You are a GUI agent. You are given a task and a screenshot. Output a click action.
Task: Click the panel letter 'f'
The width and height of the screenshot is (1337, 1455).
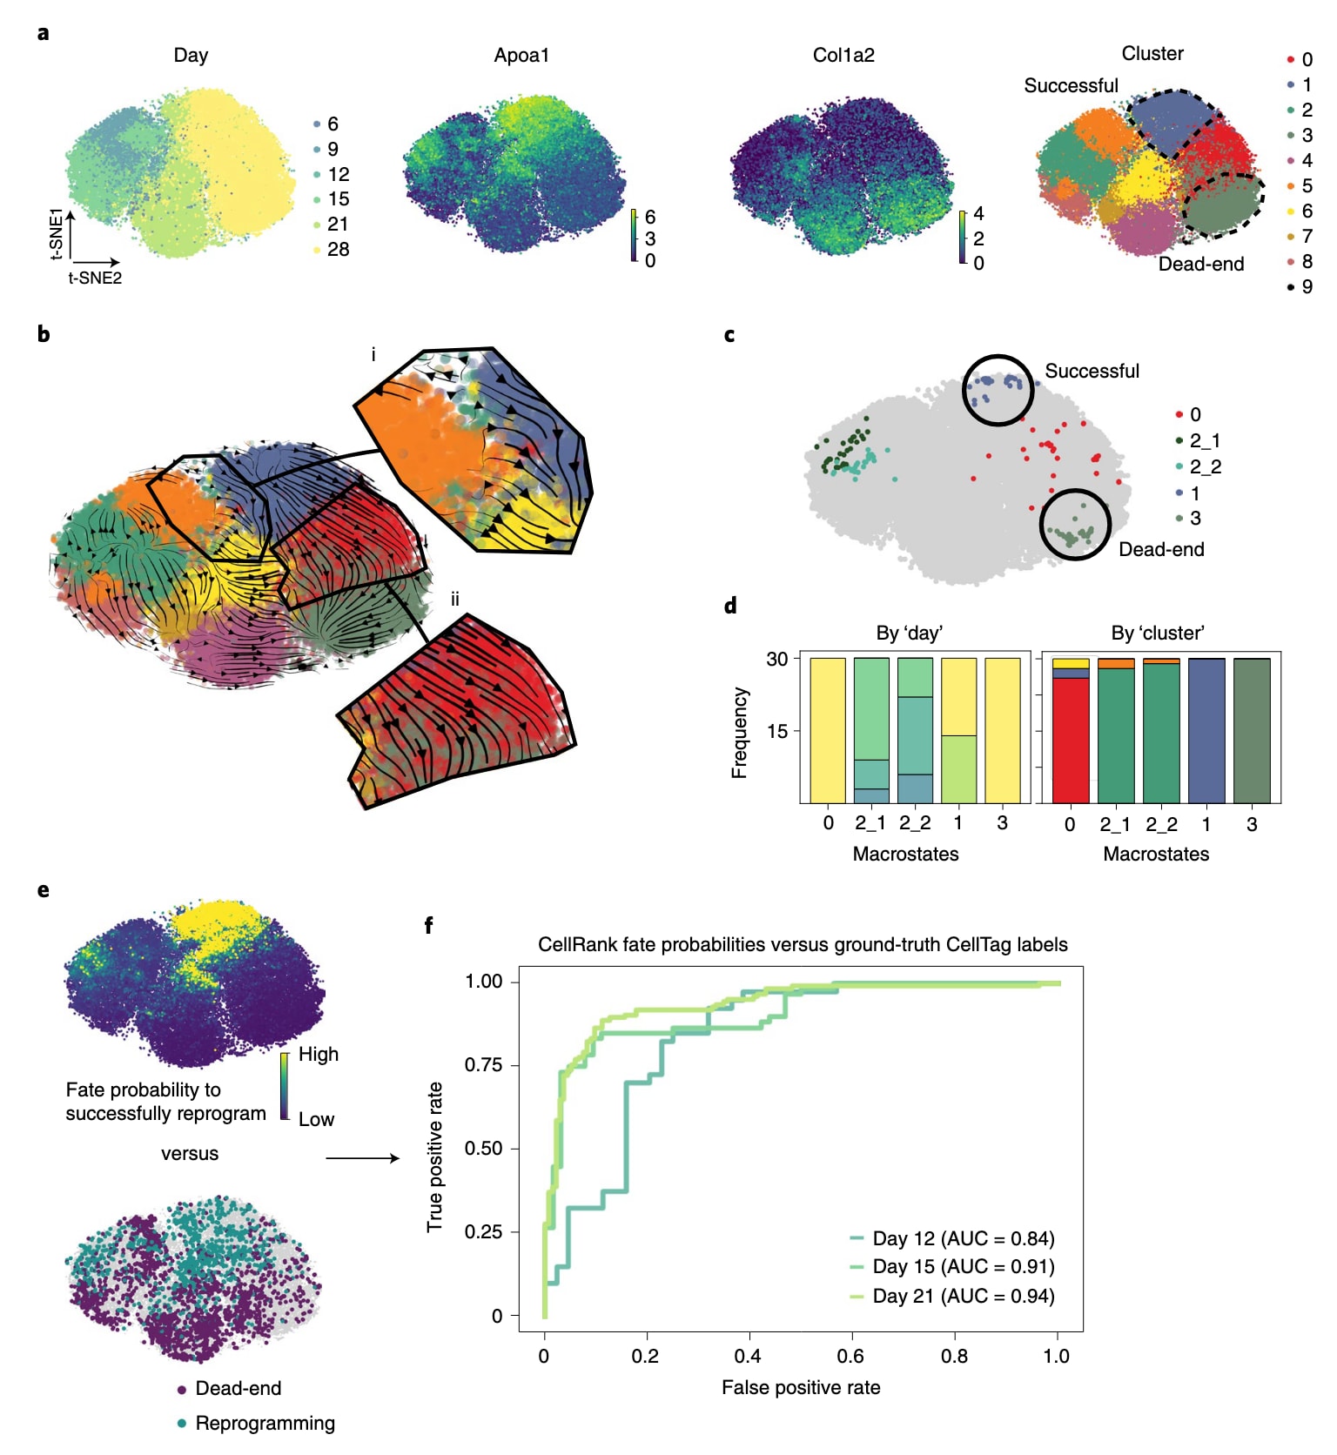click(x=428, y=925)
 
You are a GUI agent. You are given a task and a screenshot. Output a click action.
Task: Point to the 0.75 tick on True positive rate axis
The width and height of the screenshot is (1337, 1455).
click(x=483, y=1065)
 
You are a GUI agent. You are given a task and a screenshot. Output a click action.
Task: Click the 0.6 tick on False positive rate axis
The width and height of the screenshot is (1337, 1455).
click(x=850, y=1356)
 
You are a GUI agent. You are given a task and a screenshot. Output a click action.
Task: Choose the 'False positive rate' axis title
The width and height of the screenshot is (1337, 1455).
click(x=801, y=1387)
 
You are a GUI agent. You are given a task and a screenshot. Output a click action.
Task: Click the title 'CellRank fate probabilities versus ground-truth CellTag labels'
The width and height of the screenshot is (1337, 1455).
click(x=803, y=944)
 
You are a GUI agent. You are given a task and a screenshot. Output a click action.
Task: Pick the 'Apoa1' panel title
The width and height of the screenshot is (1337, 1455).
click(x=521, y=56)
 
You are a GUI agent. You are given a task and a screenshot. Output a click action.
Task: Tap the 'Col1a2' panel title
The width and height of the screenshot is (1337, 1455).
click(x=843, y=56)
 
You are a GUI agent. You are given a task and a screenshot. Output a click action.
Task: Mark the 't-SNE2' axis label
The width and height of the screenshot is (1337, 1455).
click(x=95, y=278)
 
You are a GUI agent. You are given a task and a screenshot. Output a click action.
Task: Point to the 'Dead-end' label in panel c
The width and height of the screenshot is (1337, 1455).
click(x=1161, y=549)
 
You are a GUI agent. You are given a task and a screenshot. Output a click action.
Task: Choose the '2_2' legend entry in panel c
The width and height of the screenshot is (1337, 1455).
click(x=1205, y=466)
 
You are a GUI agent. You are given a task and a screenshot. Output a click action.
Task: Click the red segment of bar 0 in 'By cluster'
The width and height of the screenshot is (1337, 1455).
click(x=1071, y=740)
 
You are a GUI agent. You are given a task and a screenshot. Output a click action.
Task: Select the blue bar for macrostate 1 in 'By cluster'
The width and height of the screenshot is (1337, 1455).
click(x=1206, y=731)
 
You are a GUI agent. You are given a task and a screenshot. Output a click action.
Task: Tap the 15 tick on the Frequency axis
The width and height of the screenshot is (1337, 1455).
click(x=776, y=731)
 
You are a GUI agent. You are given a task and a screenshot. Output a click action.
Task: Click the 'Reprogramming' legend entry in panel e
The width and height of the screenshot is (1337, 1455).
click(x=265, y=1423)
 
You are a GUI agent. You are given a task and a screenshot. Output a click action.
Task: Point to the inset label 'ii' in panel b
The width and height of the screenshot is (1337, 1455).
click(x=454, y=600)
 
